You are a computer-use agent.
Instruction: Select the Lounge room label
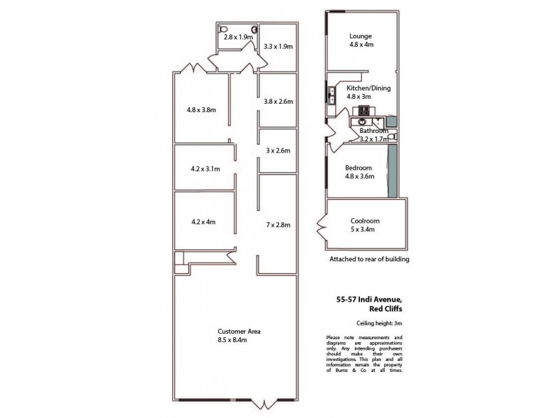361,36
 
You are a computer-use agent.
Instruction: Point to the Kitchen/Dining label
368,88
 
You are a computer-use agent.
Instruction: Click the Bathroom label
373,131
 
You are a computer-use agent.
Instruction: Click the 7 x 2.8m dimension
278,224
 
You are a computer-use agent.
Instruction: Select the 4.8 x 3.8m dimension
202,109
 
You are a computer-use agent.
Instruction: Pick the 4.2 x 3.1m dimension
205,169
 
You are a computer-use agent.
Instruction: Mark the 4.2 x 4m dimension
202,222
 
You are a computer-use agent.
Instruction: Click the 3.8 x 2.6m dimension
278,101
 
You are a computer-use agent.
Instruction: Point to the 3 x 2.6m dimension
278,150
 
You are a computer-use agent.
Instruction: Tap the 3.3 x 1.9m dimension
278,47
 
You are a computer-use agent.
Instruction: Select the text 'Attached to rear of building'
369,259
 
